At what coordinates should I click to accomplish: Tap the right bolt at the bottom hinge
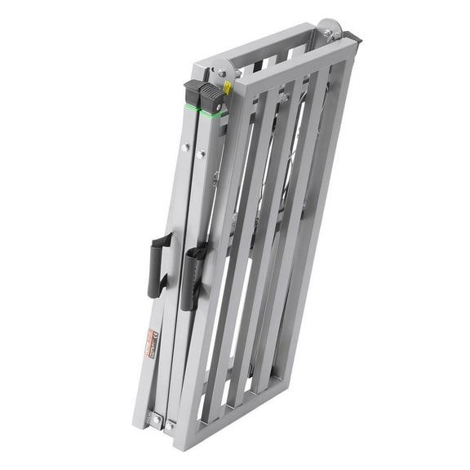pyautogui.click(x=171, y=423)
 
